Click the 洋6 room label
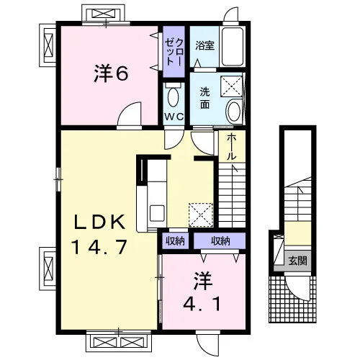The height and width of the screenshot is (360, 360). pos(111,73)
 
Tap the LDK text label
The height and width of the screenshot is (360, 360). pos(100,222)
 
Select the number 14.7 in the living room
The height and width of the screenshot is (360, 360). pos(99,247)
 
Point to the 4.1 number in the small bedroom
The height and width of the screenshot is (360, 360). pos(202,304)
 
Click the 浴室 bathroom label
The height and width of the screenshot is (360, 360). pos(204,45)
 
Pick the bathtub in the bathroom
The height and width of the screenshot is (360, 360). pos(233,47)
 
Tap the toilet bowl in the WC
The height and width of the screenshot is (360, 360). pos(174,97)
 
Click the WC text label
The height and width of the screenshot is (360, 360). pos(174,117)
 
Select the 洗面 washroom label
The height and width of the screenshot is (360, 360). pos(204,98)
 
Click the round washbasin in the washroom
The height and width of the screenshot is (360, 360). pos(234,112)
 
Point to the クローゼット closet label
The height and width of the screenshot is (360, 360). pos(174,52)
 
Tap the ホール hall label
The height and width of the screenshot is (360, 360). pos(231,146)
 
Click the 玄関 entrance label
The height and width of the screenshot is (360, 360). pos(297,261)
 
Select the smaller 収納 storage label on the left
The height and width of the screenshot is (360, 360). pos(175,240)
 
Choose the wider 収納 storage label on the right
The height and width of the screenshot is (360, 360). pos(220,240)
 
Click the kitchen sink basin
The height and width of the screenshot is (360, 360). pos(157,213)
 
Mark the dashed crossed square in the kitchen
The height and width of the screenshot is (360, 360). pos(201,215)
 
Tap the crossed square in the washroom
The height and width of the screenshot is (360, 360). pos(231,86)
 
